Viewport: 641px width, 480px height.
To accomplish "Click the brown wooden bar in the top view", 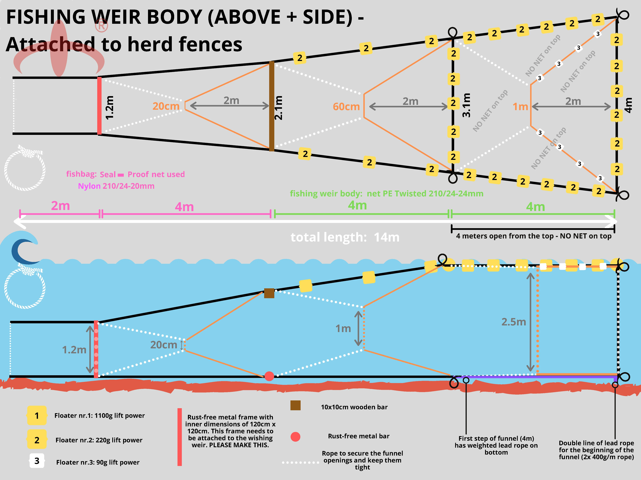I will tap(272, 106).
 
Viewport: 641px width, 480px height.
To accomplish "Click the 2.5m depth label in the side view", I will tap(513, 322).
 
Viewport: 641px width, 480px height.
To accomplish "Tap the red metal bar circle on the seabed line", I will tap(269, 376).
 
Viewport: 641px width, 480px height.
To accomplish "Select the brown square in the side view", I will tap(269, 293).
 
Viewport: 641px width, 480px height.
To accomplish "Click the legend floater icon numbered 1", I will tap(37, 415).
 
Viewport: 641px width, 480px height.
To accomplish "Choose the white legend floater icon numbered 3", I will tap(37, 461).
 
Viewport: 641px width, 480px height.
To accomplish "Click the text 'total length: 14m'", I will tap(345, 237).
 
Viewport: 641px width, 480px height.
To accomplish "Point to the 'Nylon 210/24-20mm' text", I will tap(116, 186).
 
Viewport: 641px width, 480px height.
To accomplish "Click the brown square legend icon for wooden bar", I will tap(295, 405).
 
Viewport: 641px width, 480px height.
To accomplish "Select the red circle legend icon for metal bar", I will tap(295, 437).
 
